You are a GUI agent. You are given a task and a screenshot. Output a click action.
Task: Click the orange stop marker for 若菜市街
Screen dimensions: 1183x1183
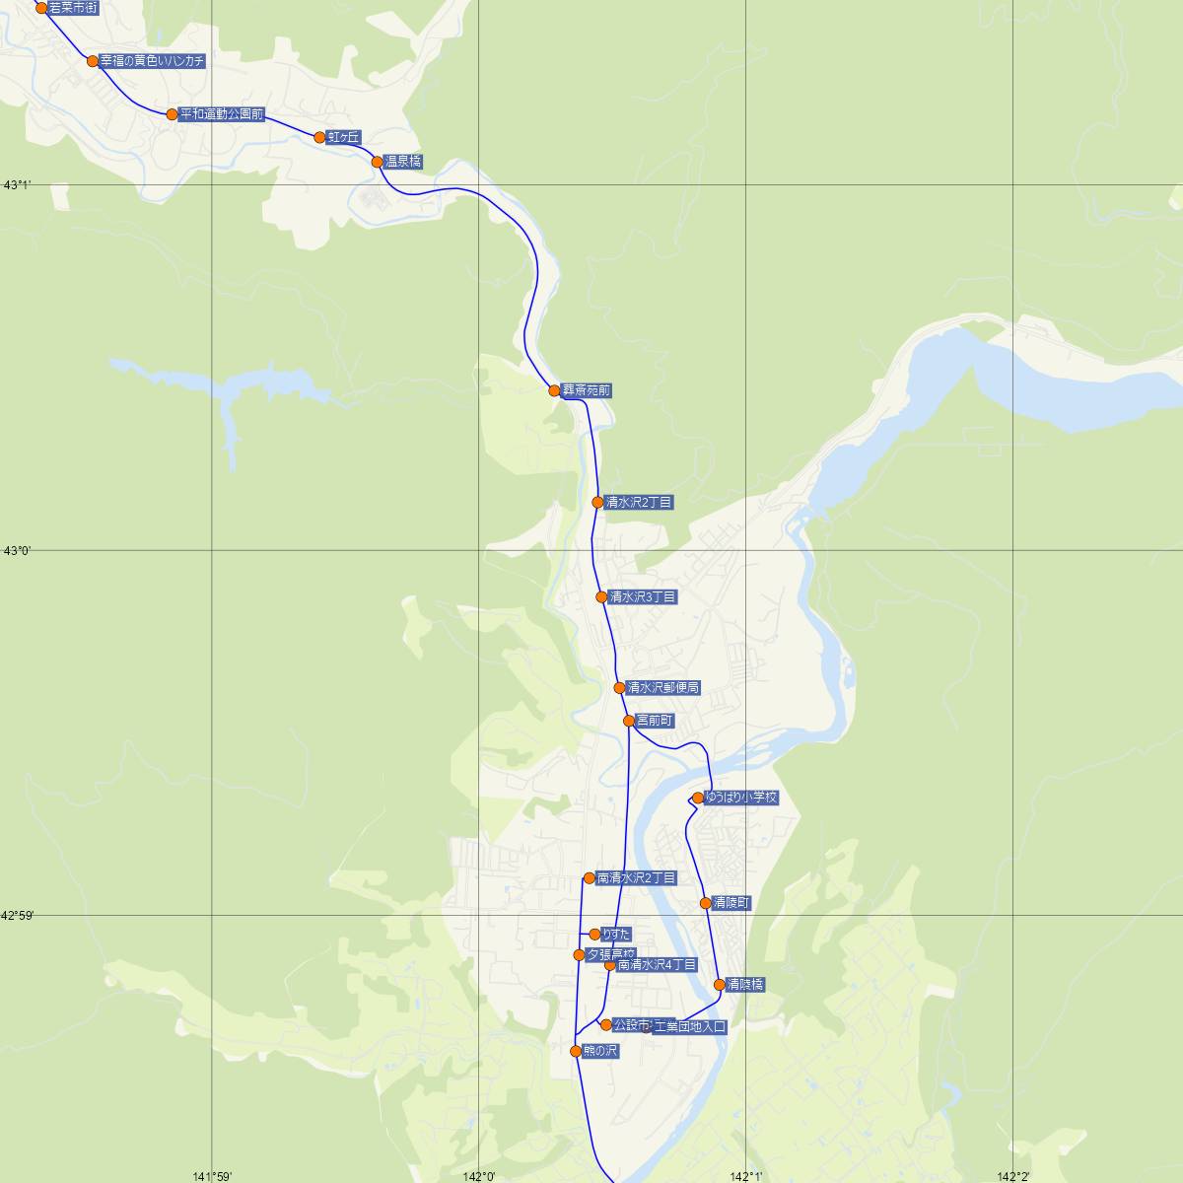tap(41, 8)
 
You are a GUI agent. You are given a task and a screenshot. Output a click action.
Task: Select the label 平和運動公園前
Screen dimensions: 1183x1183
tap(222, 114)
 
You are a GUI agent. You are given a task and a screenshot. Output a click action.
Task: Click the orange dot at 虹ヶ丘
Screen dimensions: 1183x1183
tap(319, 137)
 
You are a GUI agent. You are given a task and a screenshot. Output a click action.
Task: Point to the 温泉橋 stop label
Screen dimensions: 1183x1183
tap(403, 162)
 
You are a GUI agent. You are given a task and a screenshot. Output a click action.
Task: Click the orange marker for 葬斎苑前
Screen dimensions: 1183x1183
tap(554, 390)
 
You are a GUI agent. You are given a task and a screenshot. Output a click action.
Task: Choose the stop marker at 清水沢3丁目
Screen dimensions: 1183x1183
tap(601, 596)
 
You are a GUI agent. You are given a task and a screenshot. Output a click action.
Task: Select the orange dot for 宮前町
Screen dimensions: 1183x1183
tap(629, 721)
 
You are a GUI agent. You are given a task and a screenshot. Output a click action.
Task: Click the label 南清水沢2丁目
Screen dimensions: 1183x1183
tap(636, 878)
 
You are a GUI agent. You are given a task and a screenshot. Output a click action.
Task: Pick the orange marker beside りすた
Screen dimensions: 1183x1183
tap(594, 934)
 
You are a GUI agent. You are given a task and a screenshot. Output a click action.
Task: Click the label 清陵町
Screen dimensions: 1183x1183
tap(731, 903)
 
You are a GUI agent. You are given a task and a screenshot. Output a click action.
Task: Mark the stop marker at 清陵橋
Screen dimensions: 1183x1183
tap(719, 984)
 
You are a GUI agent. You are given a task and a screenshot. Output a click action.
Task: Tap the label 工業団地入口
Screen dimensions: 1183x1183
tap(689, 1027)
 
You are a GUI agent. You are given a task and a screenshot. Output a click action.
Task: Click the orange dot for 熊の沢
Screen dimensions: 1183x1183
tap(576, 1051)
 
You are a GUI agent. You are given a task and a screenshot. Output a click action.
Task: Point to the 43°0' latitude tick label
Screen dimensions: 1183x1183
tap(17, 551)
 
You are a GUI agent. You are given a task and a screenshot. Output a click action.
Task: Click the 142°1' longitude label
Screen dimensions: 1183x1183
tap(746, 1175)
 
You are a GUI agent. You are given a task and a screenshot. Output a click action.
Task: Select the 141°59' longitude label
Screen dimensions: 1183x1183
tap(212, 1175)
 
